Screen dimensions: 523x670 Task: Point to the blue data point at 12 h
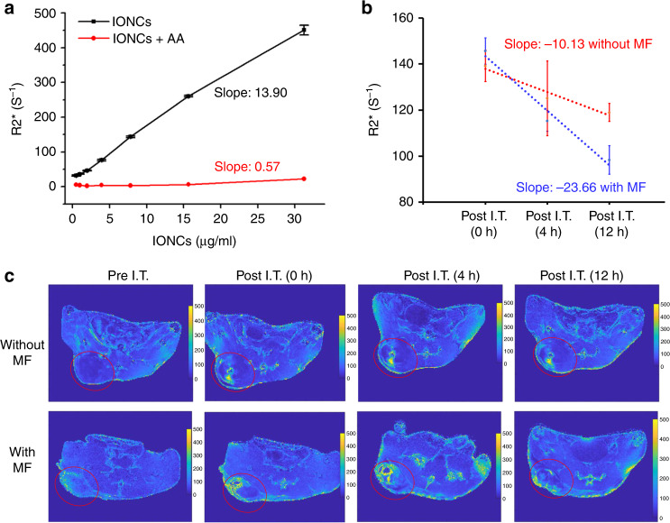point(609,161)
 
